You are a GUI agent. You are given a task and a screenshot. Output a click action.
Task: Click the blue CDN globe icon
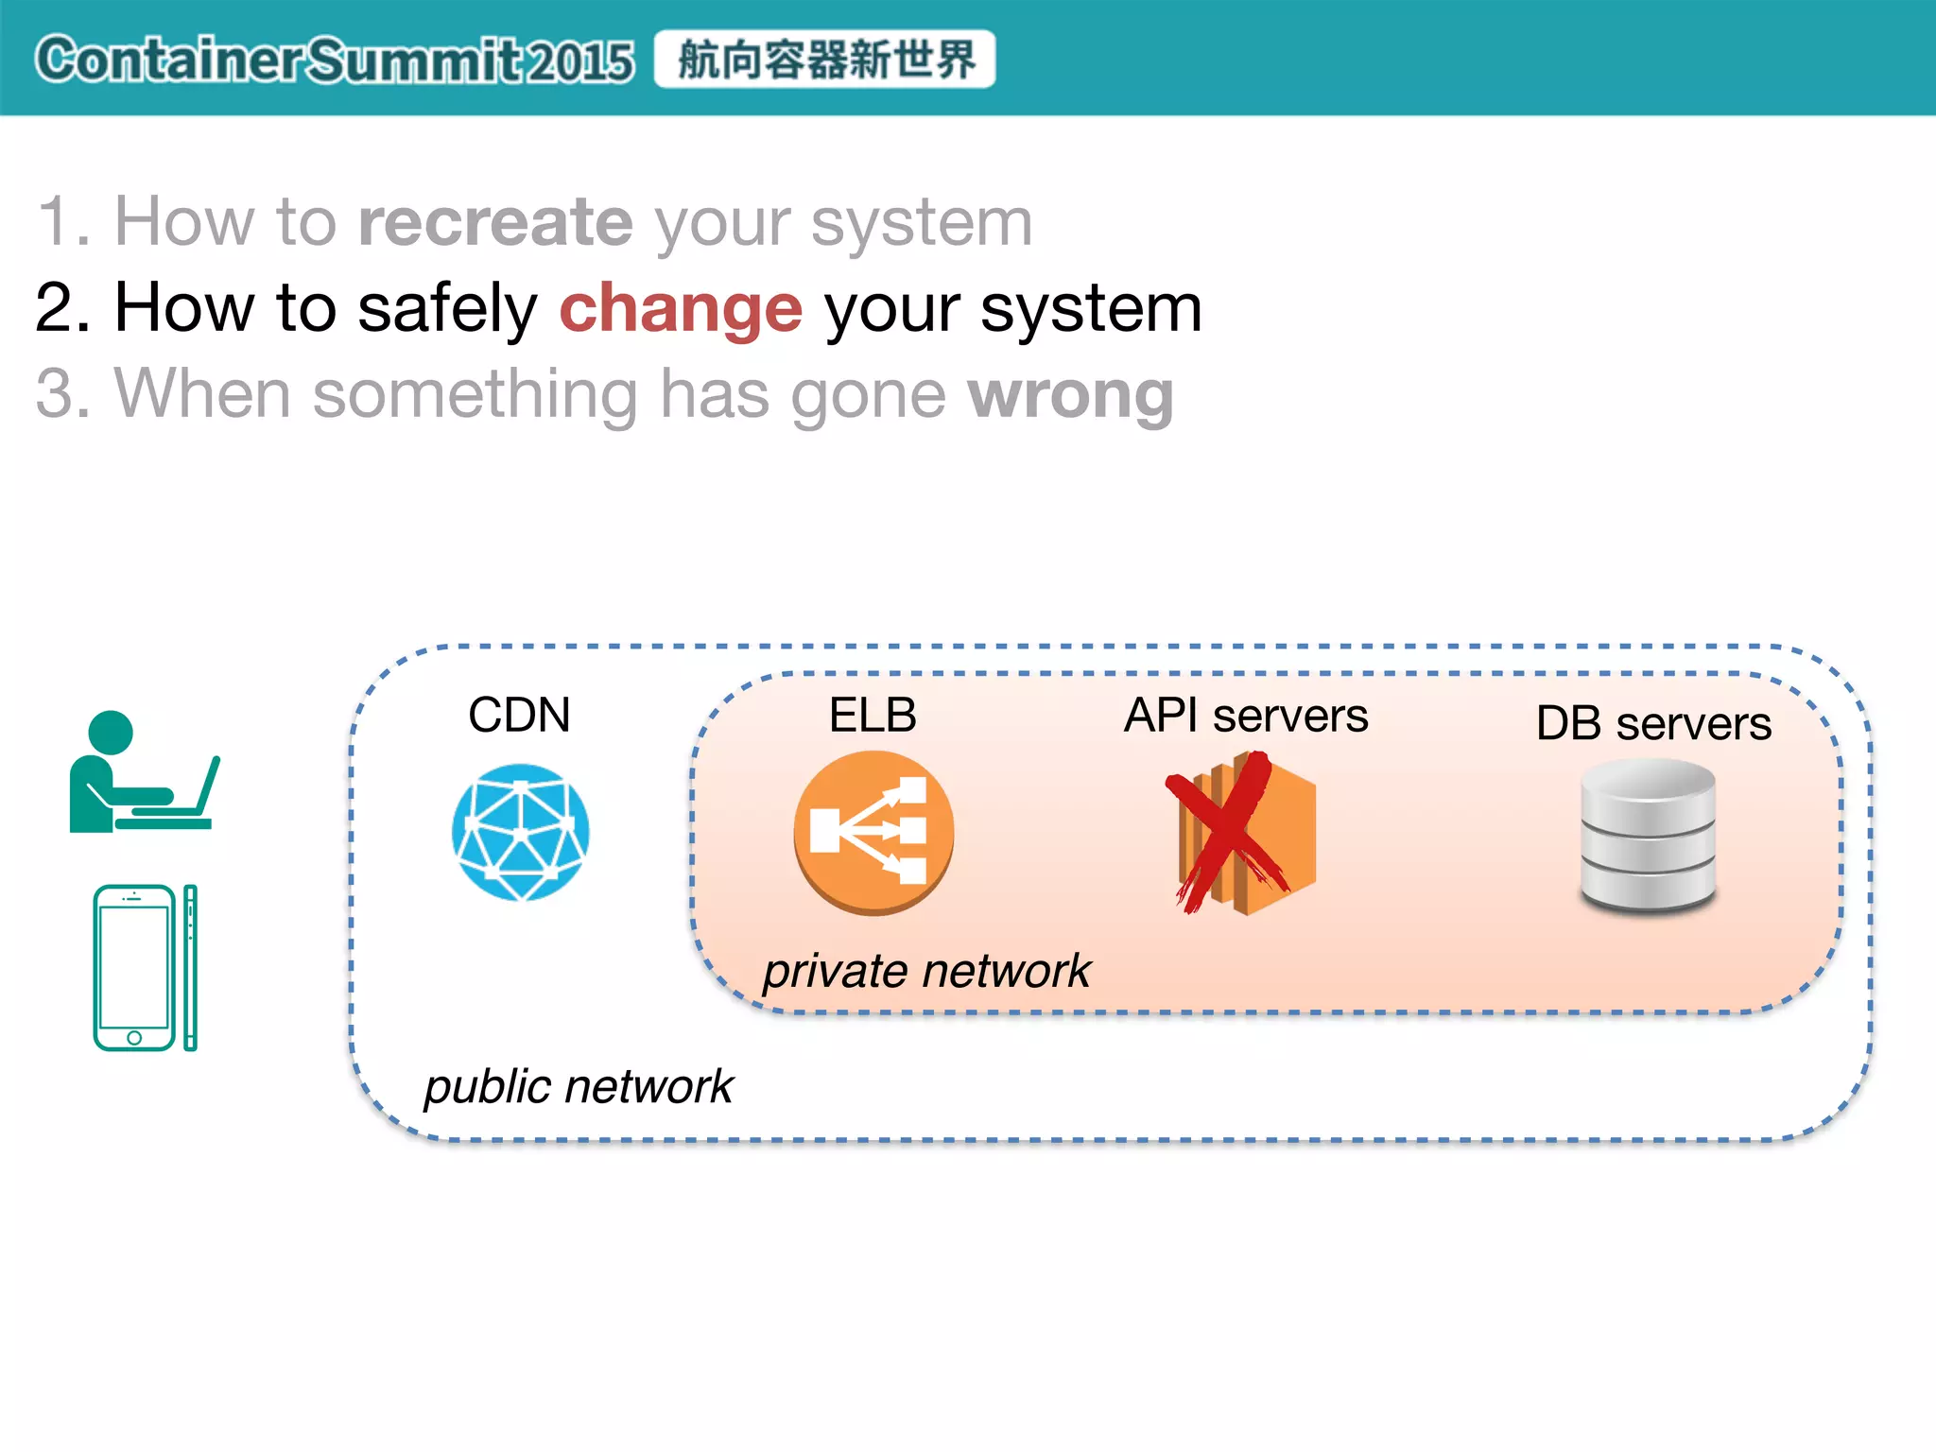[x=520, y=832]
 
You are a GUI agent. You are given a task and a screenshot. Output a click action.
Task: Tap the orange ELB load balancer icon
[x=873, y=832]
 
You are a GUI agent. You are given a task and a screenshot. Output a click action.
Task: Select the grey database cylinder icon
[x=1648, y=836]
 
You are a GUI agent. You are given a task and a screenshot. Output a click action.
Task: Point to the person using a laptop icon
[x=142, y=773]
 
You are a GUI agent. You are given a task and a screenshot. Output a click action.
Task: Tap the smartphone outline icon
[x=144, y=967]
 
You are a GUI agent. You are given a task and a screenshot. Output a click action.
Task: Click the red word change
[x=681, y=308]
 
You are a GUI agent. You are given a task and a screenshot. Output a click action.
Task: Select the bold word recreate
[x=495, y=222]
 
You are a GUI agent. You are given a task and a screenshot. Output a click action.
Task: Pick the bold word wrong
[x=1070, y=394]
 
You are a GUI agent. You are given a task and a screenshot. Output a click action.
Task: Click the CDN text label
[x=519, y=715]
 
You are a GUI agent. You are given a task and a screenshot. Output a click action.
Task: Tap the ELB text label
[x=873, y=715]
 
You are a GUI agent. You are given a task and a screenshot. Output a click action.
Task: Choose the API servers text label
[x=1246, y=716]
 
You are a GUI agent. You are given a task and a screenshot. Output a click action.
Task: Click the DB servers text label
[x=1653, y=724]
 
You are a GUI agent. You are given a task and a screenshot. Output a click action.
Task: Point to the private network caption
[x=926, y=971]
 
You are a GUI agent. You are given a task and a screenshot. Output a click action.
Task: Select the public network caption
[x=578, y=1086]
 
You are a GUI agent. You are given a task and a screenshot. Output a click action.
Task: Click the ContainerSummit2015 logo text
[x=335, y=60]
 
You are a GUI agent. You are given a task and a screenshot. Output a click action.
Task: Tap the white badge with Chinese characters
[x=824, y=60]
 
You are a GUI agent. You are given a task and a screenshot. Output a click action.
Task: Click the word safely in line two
[x=447, y=308]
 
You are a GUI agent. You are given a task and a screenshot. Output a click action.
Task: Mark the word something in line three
[x=475, y=394]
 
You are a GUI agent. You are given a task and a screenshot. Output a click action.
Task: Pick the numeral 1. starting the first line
[x=63, y=222]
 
